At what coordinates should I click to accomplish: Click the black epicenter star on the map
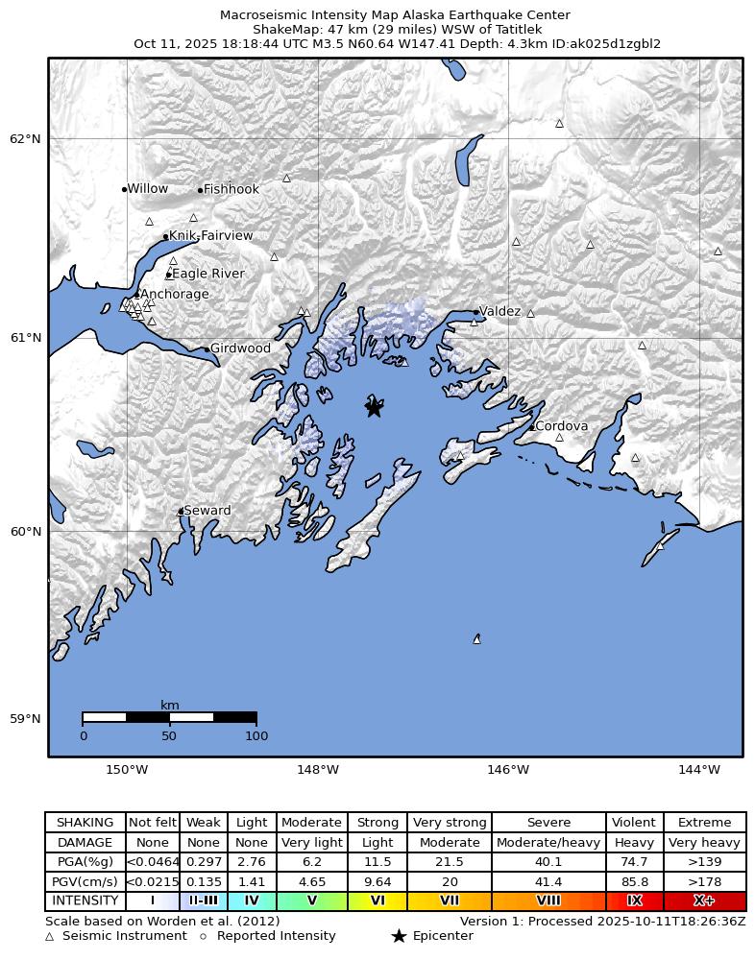(x=374, y=408)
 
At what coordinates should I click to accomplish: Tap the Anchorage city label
(x=174, y=295)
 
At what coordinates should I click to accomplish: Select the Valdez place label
(x=499, y=312)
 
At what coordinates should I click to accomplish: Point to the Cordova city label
(x=561, y=426)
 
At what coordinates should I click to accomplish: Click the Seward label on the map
(x=207, y=511)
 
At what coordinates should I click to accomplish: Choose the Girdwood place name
(x=240, y=348)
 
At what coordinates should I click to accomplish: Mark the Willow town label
(x=147, y=189)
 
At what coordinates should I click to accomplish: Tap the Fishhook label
(x=231, y=190)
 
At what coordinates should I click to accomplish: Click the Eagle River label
(x=207, y=274)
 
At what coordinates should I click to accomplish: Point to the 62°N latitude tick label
(x=25, y=138)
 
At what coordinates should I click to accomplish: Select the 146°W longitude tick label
(x=508, y=769)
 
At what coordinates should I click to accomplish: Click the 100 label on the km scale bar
(x=256, y=736)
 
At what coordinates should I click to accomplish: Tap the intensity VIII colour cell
(x=548, y=900)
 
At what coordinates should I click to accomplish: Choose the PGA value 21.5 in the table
(x=449, y=862)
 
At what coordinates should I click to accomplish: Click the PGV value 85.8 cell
(x=634, y=881)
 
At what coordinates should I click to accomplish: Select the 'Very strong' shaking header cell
(x=449, y=823)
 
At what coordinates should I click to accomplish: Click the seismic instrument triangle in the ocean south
(x=476, y=638)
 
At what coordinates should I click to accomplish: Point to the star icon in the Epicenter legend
(x=399, y=936)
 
